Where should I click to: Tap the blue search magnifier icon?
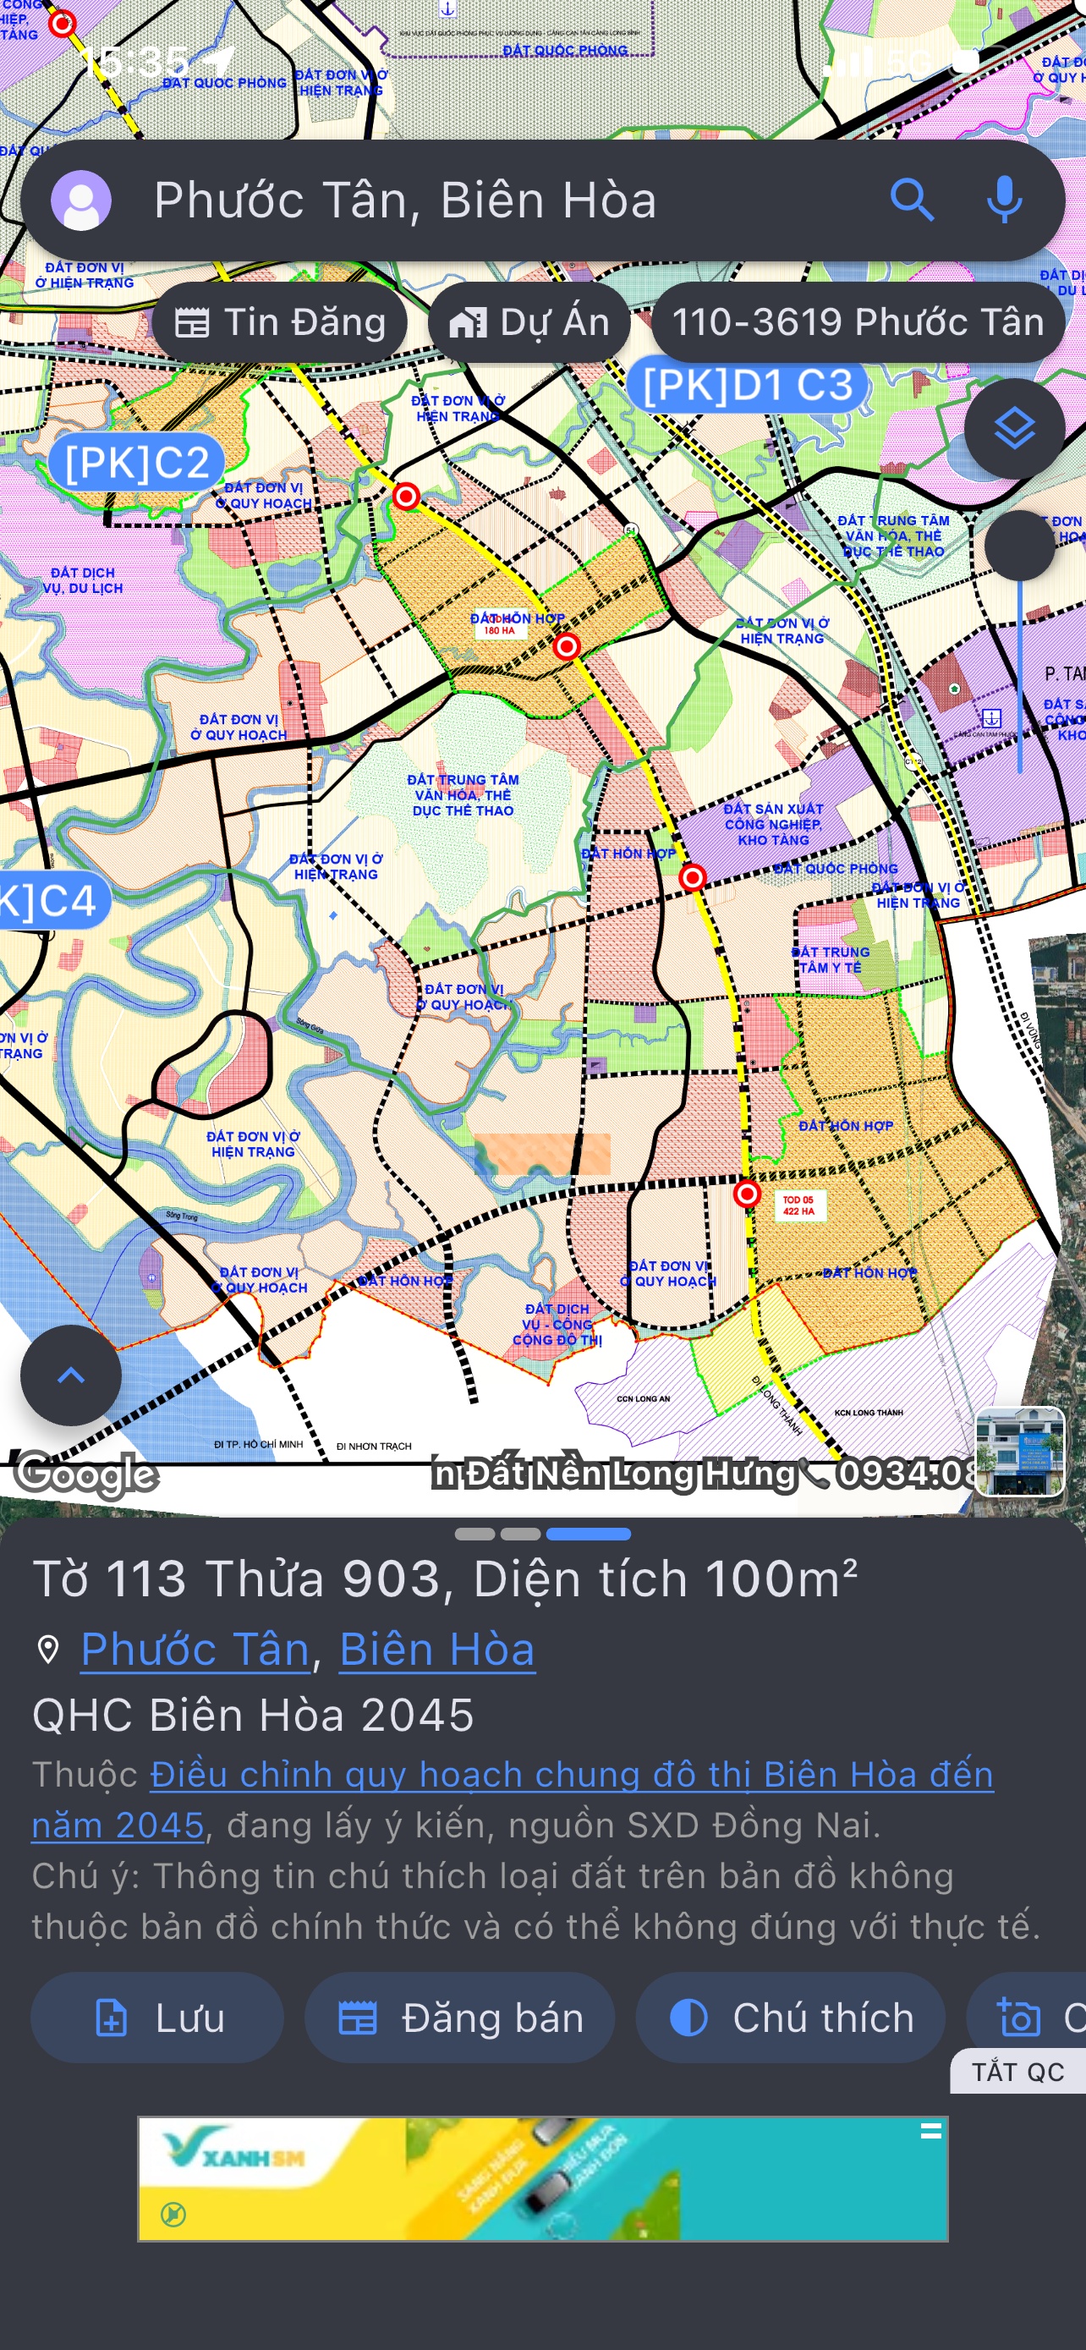[x=911, y=200]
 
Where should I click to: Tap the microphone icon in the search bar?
[x=1004, y=200]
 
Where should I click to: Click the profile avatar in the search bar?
[x=81, y=200]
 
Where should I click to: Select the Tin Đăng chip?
[x=279, y=322]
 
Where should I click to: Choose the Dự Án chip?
[x=529, y=322]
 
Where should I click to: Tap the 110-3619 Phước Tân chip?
[x=857, y=322]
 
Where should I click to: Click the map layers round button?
[x=1014, y=429]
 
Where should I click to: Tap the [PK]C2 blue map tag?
[x=137, y=463]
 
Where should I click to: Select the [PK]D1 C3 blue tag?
[x=747, y=386]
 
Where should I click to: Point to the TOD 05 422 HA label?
[x=798, y=1205]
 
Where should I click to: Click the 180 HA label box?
[x=499, y=629]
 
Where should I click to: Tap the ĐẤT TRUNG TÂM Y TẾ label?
[x=830, y=959]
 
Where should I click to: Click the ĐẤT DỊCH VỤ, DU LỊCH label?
[x=83, y=580]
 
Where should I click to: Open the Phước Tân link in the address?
[x=195, y=1650]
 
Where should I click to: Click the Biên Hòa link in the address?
[x=436, y=1650]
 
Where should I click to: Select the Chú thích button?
[x=790, y=2017]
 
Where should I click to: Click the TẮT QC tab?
[x=1017, y=2072]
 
